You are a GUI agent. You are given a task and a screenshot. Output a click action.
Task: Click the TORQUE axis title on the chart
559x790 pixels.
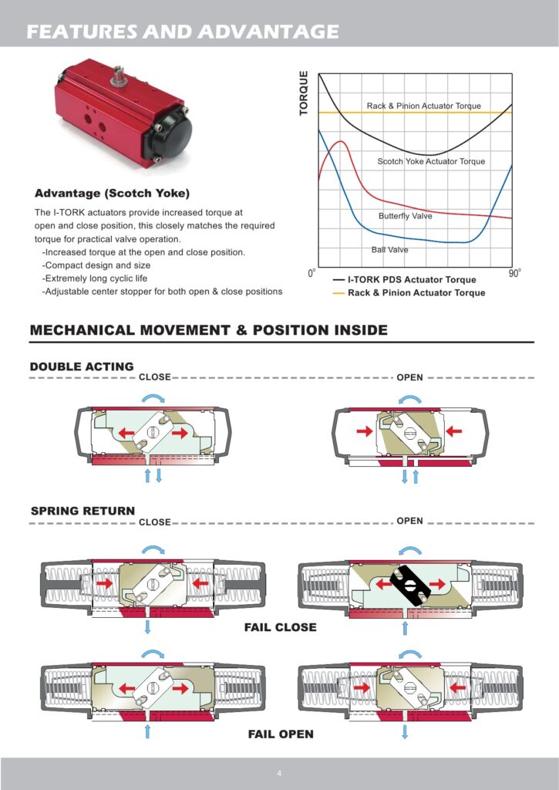304,93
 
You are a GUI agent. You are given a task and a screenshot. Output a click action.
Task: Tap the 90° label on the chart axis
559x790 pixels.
514,272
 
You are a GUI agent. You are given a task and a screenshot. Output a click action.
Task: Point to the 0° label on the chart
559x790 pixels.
312,272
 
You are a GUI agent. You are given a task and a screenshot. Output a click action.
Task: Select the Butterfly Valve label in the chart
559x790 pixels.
405,216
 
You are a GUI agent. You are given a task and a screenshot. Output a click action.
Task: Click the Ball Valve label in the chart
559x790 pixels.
390,249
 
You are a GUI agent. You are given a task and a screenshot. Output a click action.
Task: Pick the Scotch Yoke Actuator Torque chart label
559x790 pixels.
431,161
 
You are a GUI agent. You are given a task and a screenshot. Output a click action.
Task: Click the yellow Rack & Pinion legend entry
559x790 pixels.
409,292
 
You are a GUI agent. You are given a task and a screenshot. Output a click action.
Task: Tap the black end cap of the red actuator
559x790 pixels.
170,133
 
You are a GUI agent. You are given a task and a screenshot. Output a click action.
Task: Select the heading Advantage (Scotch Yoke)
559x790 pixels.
112,194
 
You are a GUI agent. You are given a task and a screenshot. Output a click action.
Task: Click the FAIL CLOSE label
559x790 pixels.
281,627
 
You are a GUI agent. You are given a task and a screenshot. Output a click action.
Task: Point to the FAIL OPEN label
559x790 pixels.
281,734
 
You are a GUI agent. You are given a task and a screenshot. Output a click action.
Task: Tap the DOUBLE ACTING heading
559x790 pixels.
82,366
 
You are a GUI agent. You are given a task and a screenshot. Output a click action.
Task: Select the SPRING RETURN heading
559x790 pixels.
83,511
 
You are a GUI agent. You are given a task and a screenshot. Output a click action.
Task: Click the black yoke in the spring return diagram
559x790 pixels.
409,584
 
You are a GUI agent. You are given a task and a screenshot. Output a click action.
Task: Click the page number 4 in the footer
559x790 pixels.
279,773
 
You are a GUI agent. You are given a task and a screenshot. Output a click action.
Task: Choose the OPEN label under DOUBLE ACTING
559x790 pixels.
409,377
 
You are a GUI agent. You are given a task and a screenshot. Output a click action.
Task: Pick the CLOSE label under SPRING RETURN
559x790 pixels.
155,522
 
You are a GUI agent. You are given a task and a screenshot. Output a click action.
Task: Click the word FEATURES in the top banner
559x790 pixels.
82,32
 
